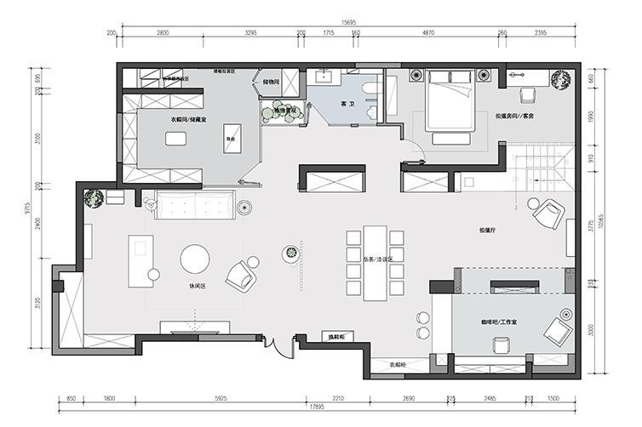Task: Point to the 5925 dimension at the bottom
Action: coord(221,397)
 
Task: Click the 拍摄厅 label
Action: coord(488,231)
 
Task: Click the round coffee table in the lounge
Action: coord(196,259)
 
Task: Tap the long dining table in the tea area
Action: coord(374,262)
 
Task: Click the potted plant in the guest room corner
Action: coord(561,79)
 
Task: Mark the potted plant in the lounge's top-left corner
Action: coord(94,199)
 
